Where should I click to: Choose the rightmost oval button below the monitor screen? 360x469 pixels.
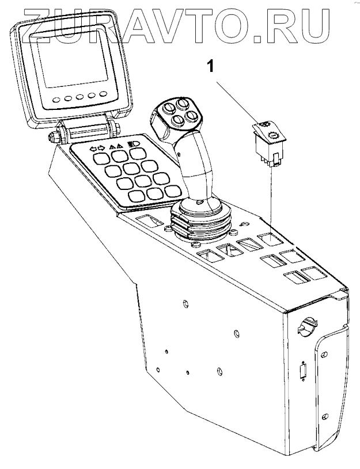click(103, 93)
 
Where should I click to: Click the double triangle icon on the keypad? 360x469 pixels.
click(116, 146)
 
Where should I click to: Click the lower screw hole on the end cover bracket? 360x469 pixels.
click(326, 417)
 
